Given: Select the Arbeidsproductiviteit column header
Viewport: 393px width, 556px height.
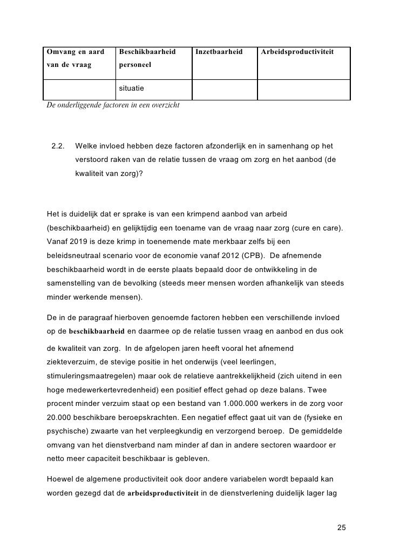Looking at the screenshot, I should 297,52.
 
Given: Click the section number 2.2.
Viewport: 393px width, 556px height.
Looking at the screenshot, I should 58,146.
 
